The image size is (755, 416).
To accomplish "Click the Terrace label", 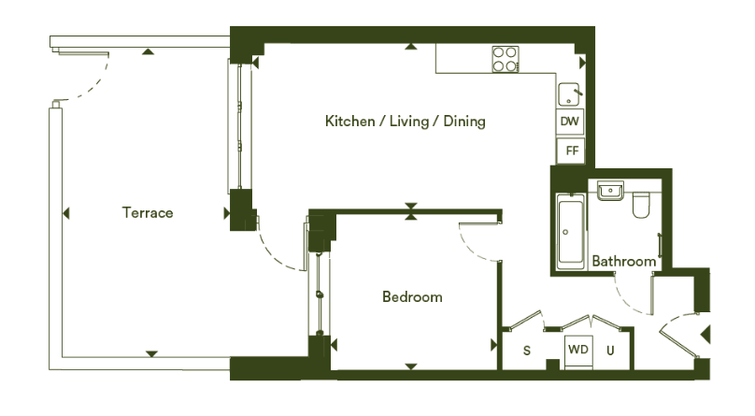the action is coord(148,212).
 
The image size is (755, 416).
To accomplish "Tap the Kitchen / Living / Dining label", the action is coord(405,121).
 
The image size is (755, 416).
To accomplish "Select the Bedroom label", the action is coord(412,296).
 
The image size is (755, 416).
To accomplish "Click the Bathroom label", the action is coord(623,261).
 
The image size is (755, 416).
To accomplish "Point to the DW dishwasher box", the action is coord(570,121).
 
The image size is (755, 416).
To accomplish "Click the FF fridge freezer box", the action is coord(571,151).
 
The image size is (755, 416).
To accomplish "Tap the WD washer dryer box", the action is coord(578,350).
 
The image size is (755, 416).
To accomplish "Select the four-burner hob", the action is coord(506,59).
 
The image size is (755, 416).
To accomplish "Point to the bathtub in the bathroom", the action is coord(571,231).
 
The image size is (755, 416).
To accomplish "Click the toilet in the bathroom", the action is coord(641,205).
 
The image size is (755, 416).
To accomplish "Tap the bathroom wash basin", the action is coord(610,191).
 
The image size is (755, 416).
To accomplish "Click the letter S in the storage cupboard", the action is coord(527,351).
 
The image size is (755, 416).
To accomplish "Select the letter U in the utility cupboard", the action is coord(610,351).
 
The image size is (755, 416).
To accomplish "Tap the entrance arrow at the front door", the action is coord(705,334).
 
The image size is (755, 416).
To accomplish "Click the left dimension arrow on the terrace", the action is coord(66,213).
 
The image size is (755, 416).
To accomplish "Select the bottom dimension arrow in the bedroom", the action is coord(411,366).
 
